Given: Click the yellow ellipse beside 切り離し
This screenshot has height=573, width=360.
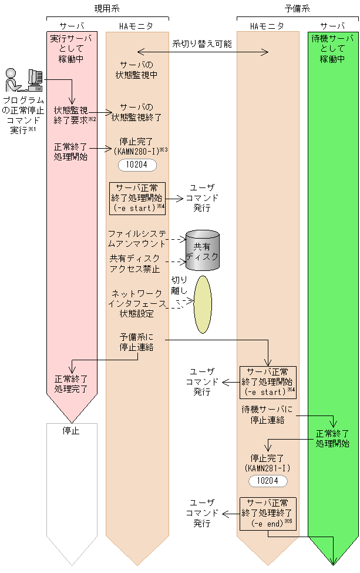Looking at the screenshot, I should click(x=203, y=304).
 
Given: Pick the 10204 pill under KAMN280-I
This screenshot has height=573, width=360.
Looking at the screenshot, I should click(x=137, y=165).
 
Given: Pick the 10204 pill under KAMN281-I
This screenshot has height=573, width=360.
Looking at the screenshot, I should click(x=268, y=481).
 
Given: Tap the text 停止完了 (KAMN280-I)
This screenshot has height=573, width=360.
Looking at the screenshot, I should click(x=137, y=146).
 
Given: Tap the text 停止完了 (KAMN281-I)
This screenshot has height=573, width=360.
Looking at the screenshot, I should click(x=267, y=462).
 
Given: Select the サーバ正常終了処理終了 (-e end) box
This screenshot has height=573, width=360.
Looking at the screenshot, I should click(x=268, y=513).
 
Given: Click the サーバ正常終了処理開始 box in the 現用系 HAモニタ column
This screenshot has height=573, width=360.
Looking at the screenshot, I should click(x=137, y=197).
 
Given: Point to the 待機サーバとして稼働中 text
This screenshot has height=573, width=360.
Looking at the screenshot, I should click(x=333, y=49).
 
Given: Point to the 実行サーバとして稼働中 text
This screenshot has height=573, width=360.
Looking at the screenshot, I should click(x=72, y=49).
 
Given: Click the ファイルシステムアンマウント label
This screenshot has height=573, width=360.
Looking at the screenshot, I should click(x=137, y=239).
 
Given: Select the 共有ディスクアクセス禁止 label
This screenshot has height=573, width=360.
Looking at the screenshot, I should click(x=134, y=263).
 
